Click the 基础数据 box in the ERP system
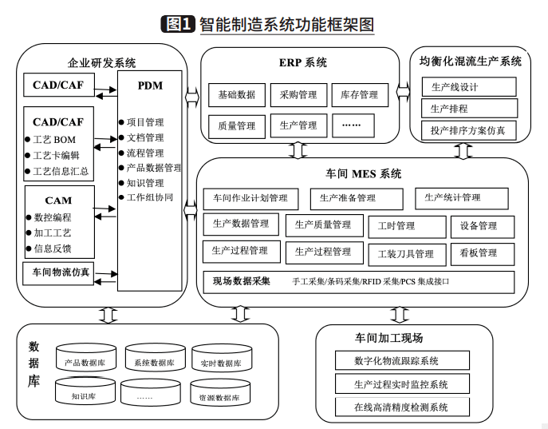point(237,95)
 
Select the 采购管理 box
point(298,95)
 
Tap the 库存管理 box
point(360,95)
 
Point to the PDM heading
point(150,85)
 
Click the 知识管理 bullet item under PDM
point(141,183)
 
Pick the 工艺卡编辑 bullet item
point(52,155)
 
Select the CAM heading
point(58,201)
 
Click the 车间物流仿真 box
point(58,273)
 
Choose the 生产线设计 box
point(469,87)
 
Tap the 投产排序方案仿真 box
point(469,130)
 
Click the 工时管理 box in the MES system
point(407,227)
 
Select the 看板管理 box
point(483,254)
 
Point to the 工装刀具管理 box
point(407,255)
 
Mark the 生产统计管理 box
point(462,198)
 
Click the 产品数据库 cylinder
point(86,358)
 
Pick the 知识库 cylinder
point(85,391)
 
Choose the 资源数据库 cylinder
point(220,393)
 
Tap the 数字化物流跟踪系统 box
point(402,360)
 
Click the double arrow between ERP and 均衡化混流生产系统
point(404,92)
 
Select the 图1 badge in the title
point(178,24)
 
